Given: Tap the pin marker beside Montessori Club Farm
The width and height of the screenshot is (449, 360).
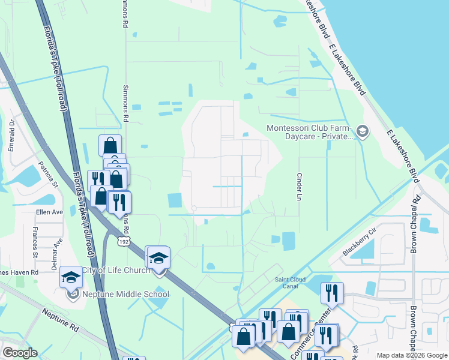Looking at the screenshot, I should (x=362, y=130).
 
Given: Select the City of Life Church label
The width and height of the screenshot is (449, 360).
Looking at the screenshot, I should (x=115, y=271).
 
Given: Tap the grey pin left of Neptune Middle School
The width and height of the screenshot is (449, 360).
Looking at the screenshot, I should (x=73, y=293).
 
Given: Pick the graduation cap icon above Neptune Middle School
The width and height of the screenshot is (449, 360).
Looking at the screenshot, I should (x=71, y=277).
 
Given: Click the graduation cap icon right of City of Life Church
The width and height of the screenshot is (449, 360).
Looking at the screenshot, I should (x=158, y=258).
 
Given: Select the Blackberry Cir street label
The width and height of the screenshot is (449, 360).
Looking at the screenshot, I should (x=360, y=242).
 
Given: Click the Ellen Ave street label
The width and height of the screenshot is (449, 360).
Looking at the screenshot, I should (x=50, y=212).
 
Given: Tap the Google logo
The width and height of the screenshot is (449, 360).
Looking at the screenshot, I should (x=20, y=353).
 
